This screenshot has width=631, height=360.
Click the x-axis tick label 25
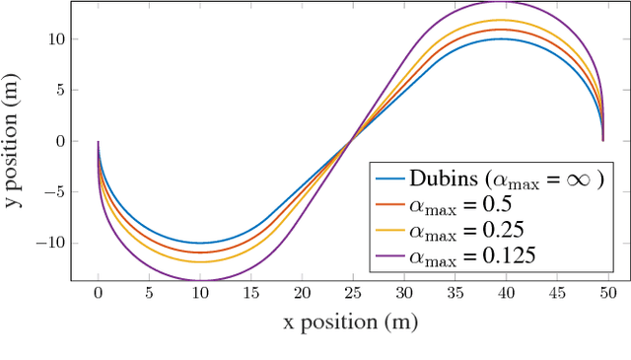click(351, 294)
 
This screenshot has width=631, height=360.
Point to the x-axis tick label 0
click(98, 294)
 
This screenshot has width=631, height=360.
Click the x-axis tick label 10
click(199, 294)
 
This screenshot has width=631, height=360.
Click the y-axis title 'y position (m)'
click(18, 141)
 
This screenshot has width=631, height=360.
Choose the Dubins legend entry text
click(504, 180)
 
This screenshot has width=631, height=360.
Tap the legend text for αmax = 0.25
click(466, 232)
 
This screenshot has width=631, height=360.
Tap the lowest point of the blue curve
click(199, 243)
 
